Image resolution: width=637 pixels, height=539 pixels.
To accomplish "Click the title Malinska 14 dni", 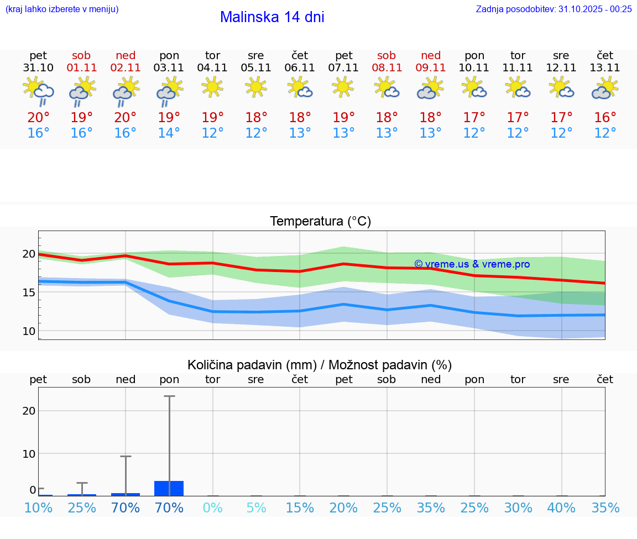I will pyautogui.click(x=272, y=17).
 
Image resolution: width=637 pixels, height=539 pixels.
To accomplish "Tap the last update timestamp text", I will pyautogui.click(x=554, y=9).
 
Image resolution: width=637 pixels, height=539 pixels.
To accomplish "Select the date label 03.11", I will pyautogui.click(x=169, y=68).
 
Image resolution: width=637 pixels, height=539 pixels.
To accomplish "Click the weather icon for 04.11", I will pyautogui.click(x=212, y=87).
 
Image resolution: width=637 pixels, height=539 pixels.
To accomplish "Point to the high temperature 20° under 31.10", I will pyautogui.click(x=38, y=118).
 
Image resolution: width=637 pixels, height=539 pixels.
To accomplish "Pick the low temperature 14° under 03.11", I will pyautogui.click(x=169, y=133).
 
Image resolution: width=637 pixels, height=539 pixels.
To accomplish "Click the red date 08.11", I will pyautogui.click(x=387, y=68).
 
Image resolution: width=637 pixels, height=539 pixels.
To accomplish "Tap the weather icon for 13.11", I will pyautogui.click(x=605, y=88).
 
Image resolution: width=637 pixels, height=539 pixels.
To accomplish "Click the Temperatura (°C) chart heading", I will pyautogui.click(x=320, y=222).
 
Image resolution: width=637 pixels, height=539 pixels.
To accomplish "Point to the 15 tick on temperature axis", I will pyautogui.click(x=29, y=292).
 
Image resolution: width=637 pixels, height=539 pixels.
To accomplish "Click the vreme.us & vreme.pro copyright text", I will pyautogui.click(x=472, y=264).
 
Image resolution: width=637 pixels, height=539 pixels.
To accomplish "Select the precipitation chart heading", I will pyautogui.click(x=320, y=365).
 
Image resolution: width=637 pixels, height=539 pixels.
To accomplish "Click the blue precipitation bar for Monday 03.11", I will pyautogui.click(x=169, y=489).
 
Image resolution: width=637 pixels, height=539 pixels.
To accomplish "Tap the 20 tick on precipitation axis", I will pyautogui.click(x=29, y=411).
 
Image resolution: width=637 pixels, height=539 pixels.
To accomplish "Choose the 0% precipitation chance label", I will pyautogui.click(x=212, y=508).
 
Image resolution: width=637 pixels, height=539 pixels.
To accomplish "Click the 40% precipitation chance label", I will pyautogui.click(x=561, y=508).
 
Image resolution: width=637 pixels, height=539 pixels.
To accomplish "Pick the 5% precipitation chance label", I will pyautogui.click(x=256, y=508).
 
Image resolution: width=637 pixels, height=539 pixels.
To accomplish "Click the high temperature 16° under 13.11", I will pyautogui.click(x=605, y=118).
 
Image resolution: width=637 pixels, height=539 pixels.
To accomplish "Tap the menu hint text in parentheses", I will pyautogui.click(x=62, y=9).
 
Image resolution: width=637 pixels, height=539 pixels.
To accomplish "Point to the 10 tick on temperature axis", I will pyautogui.click(x=29, y=331).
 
